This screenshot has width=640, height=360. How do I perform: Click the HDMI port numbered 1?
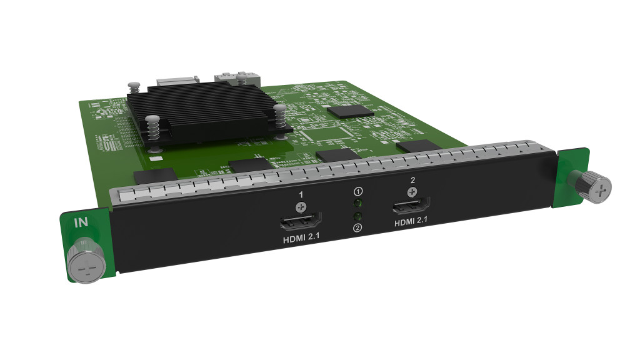[301, 222]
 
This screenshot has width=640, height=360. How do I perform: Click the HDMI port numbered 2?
[411, 206]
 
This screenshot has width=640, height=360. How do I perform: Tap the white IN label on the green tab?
[81, 222]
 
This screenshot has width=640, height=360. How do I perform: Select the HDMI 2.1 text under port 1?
[301, 238]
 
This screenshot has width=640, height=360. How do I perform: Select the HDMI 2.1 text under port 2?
[411, 221]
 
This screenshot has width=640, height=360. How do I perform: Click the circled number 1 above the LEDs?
[358, 191]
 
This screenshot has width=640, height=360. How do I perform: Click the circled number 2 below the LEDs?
[357, 227]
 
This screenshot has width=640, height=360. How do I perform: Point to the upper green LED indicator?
[358, 203]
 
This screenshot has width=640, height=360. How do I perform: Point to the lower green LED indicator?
[357, 216]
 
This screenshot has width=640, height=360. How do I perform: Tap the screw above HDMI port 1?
[301, 207]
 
